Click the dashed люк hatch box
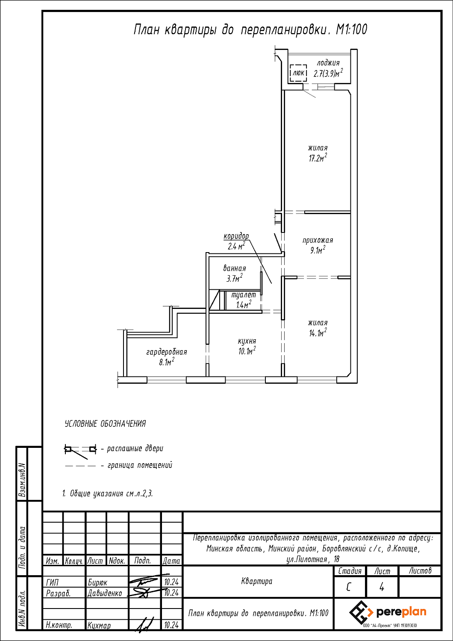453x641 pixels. (x=298, y=73)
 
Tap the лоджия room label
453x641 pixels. (x=328, y=63)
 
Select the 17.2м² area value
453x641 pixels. (x=318, y=158)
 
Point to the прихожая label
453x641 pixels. (x=318, y=240)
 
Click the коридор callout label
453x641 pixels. (x=236, y=236)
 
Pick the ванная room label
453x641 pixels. (x=235, y=268)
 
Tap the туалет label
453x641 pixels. (x=244, y=295)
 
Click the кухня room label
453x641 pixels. (x=247, y=341)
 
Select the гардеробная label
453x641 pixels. (x=167, y=352)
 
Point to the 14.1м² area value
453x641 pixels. (x=318, y=333)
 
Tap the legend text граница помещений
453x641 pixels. (x=140, y=465)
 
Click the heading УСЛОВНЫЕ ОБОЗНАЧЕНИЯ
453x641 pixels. (x=105, y=424)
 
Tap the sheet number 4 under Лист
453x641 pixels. (x=382, y=587)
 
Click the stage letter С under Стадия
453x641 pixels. (x=348, y=587)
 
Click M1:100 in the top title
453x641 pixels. (x=351, y=30)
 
